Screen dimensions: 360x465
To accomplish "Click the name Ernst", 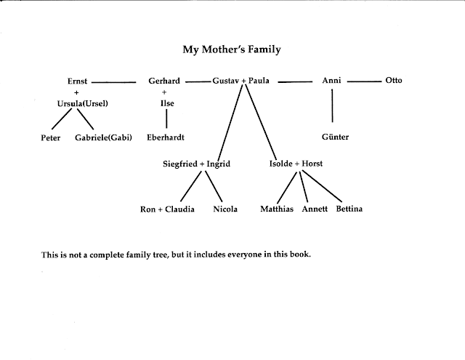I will coord(78,81).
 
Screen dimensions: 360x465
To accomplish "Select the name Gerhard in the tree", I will coord(163,81).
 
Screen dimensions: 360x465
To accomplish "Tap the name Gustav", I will coord(225,81).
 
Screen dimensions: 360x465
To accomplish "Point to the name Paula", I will coord(259,81).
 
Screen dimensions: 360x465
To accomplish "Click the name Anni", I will coord(332,81).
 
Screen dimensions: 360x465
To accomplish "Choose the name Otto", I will coord(393,81).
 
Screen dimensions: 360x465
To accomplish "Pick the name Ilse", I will coord(167,103).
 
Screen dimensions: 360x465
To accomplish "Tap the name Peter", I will coord(50,137).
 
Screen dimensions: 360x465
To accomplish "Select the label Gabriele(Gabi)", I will coord(103,137).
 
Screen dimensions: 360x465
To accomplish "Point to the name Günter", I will coord(335,137).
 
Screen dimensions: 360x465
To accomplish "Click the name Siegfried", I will coord(182,164).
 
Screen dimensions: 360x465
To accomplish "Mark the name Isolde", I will coord(283,164).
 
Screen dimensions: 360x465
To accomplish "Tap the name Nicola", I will coord(226,209).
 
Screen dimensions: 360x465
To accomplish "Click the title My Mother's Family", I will coord(231,51).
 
